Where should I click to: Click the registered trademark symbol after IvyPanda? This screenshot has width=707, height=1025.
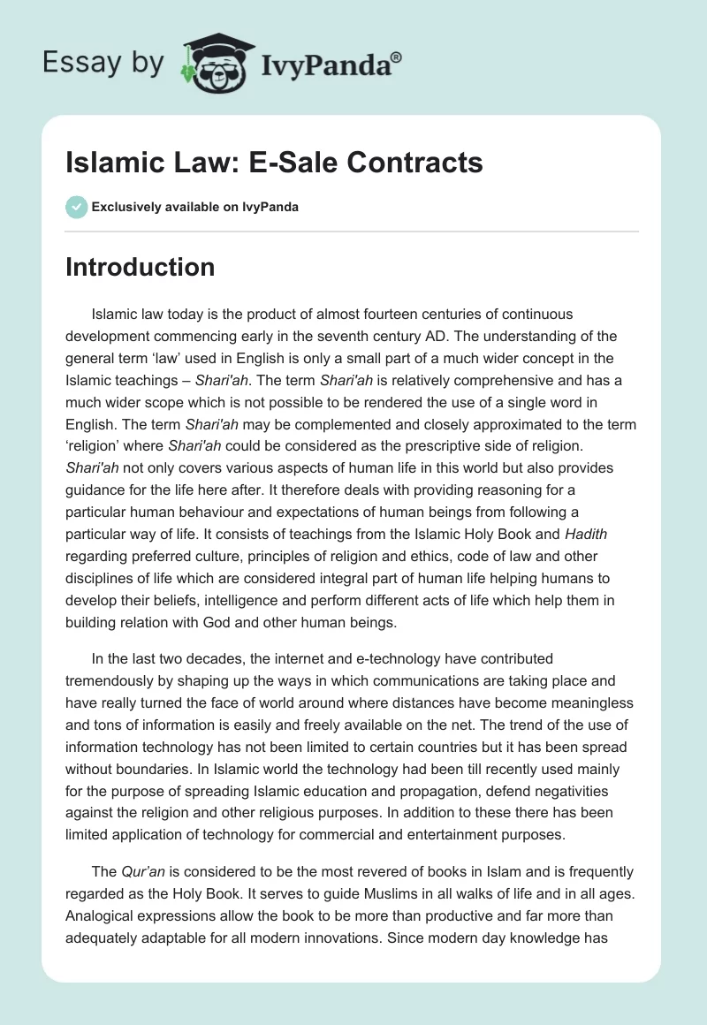[397, 57]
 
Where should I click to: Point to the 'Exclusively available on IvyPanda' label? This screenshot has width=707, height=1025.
[195, 208]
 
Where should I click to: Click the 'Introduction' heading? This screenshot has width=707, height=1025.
[140, 267]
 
